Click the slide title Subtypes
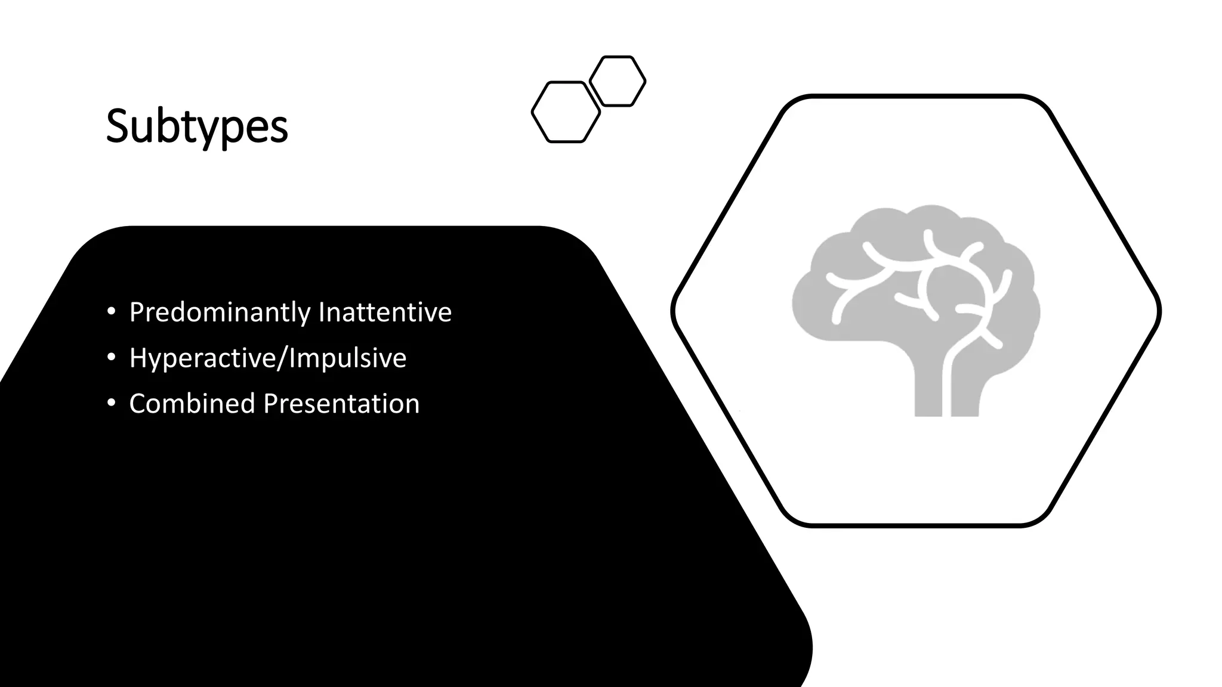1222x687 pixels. click(x=197, y=126)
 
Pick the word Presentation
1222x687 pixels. click(x=341, y=404)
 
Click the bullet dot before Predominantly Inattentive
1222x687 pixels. click(x=111, y=312)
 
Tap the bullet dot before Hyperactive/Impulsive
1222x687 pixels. click(x=111, y=358)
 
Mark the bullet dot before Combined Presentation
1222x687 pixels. click(x=111, y=404)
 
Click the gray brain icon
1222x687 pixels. click(x=915, y=286)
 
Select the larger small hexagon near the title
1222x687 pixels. click(x=566, y=112)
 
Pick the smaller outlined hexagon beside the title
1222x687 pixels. click(x=618, y=81)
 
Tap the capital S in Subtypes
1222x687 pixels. click(x=118, y=126)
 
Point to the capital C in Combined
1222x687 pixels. click(x=138, y=404)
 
